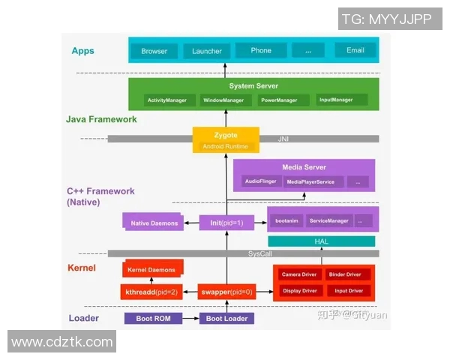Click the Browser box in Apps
click(x=154, y=52)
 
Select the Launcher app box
click(x=207, y=51)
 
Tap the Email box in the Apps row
click(x=355, y=50)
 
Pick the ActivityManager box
click(x=169, y=100)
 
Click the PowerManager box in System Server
click(x=278, y=100)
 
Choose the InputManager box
click(x=335, y=100)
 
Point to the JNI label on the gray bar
click(x=283, y=138)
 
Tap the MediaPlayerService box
click(x=314, y=181)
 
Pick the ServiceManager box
click(x=328, y=220)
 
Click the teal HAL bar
click(x=321, y=241)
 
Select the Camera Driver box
click(x=300, y=275)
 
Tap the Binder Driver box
click(x=348, y=275)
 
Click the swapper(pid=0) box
click(x=226, y=291)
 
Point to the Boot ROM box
click(x=154, y=318)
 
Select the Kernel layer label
click(x=82, y=267)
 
